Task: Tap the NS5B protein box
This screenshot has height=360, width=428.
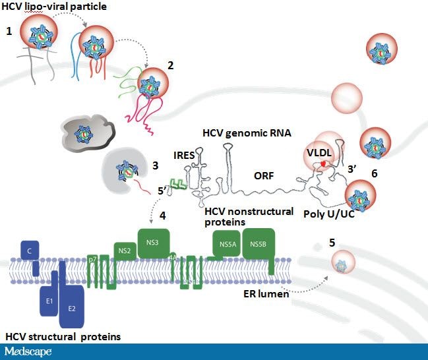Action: [257, 245]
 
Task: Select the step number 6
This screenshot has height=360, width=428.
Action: [374, 174]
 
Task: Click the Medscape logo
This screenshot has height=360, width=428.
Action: [28, 351]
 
